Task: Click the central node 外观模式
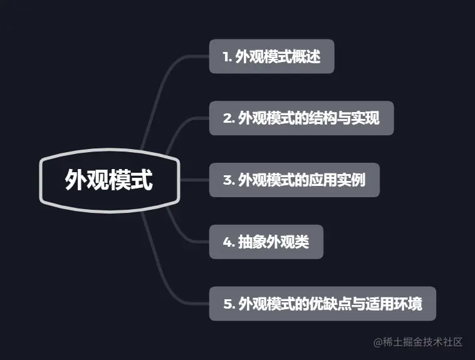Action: pyautogui.click(x=109, y=181)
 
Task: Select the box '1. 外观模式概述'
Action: pyautogui.click(x=271, y=56)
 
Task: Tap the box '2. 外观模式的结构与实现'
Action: pyautogui.click(x=301, y=118)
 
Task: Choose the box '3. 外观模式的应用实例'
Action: pyautogui.click(x=294, y=180)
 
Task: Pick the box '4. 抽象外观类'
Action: pyautogui.click(x=266, y=242)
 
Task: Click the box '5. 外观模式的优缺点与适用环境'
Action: pyautogui.click(x=322, y=304)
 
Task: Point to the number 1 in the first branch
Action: pyautogui.click(x=226, y=57)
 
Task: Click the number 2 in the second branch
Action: pyautogui.click(x=227, y=118)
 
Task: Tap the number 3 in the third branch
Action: pyautogui.click(x=227, y=180)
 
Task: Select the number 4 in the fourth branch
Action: pyautogui.click(x=227, y=242)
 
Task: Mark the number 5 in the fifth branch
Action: pyautogui.click(x=227, y=304)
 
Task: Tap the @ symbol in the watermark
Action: pyautogui.click(x=378, y=342)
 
